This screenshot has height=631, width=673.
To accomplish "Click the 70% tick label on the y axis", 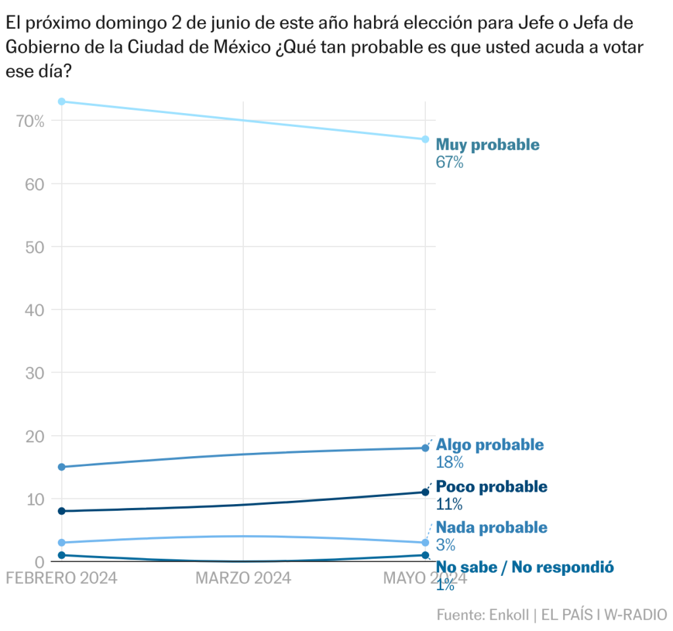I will pos(31,121).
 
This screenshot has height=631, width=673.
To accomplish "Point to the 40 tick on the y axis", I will pos(35,310).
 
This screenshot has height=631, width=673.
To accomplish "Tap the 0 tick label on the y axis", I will pos(39,562).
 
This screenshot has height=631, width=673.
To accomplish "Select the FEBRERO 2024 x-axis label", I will pos(61,578).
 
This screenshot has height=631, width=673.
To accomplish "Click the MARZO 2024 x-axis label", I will pos(244,578).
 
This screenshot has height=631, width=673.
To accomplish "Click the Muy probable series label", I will pos(487,145).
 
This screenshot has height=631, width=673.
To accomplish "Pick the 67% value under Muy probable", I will pos(450,162).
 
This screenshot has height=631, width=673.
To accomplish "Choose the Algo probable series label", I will pos(490,445).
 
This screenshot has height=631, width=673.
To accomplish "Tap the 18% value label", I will pos(450,462).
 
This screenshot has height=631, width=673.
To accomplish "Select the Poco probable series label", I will pos(491,487).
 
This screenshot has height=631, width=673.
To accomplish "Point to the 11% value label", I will pos(449,504).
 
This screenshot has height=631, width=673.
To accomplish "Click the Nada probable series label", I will pos(491,527).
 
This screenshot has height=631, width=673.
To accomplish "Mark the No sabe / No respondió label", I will pos(524,568).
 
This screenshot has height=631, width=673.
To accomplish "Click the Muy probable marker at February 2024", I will pos(62,101).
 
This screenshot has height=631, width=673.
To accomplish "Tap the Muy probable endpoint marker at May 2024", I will pos(425,139).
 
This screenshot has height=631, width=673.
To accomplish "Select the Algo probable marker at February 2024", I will pos(62,467).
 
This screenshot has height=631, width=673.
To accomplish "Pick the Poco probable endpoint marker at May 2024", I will pos(425,492).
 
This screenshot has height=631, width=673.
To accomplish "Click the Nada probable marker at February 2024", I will pos(62,543).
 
